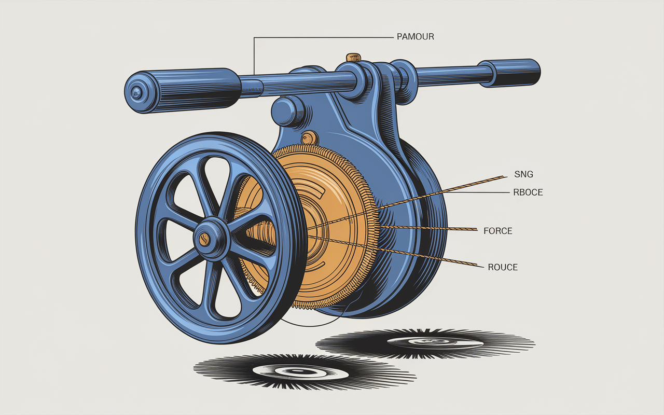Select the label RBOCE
528,192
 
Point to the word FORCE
497,231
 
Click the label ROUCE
503,268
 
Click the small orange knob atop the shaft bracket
354,57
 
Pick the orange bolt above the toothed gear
310,138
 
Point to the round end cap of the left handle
137,93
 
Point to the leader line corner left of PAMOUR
254,37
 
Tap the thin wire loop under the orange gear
311,324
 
